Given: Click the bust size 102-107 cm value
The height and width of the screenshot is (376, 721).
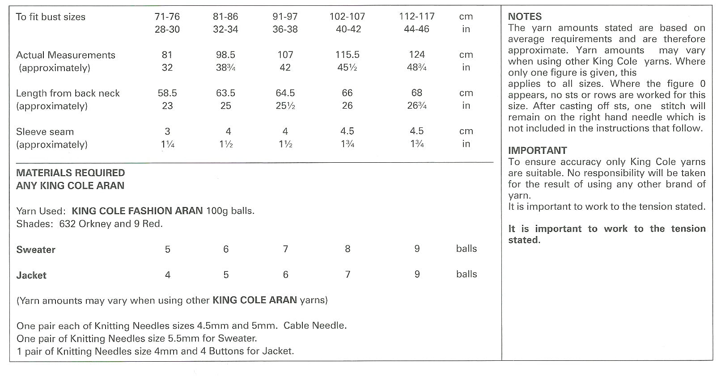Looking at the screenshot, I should click(x=347, y=17).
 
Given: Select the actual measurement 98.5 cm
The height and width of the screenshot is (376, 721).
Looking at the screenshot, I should click(x=225, y=55).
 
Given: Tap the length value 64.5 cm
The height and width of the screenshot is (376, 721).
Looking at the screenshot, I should click(x=285, y=93).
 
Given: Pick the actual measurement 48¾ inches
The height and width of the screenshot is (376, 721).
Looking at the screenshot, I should click(x=416, y=68).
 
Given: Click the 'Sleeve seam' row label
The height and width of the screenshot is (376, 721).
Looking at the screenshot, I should click(x=45, y=131).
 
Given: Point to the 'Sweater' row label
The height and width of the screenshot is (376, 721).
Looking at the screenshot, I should click(x=36, y=249).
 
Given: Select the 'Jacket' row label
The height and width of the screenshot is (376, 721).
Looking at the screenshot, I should click(x=31, y=275).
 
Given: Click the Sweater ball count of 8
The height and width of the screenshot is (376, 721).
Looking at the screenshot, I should click(x=348, y=249).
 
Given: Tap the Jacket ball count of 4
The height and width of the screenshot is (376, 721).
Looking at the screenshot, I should click(x=168, y=275).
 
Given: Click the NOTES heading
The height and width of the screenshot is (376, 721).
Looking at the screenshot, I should click(x=525, y=17).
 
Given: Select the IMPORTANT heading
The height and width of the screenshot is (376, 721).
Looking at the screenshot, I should click(x=537, y=150).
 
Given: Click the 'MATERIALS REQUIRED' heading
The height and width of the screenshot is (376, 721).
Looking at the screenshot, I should click(x=71, y=173).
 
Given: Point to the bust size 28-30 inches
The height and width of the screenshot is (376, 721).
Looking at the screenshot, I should click(x=167, y=29).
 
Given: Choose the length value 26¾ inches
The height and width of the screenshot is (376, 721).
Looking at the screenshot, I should click(x=416, y=106).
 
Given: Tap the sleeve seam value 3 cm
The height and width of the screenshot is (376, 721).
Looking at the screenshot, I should click(x=167, y=131).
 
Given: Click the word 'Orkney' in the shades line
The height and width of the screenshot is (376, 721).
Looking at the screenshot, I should click(x=94, y=224).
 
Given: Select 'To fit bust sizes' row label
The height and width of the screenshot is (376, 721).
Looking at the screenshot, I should click(x=51, y=17).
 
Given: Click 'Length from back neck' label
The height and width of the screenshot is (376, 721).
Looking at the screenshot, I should click(x=68, y=93).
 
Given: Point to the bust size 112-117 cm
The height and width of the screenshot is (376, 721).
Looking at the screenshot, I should click(x=416, y=17).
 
